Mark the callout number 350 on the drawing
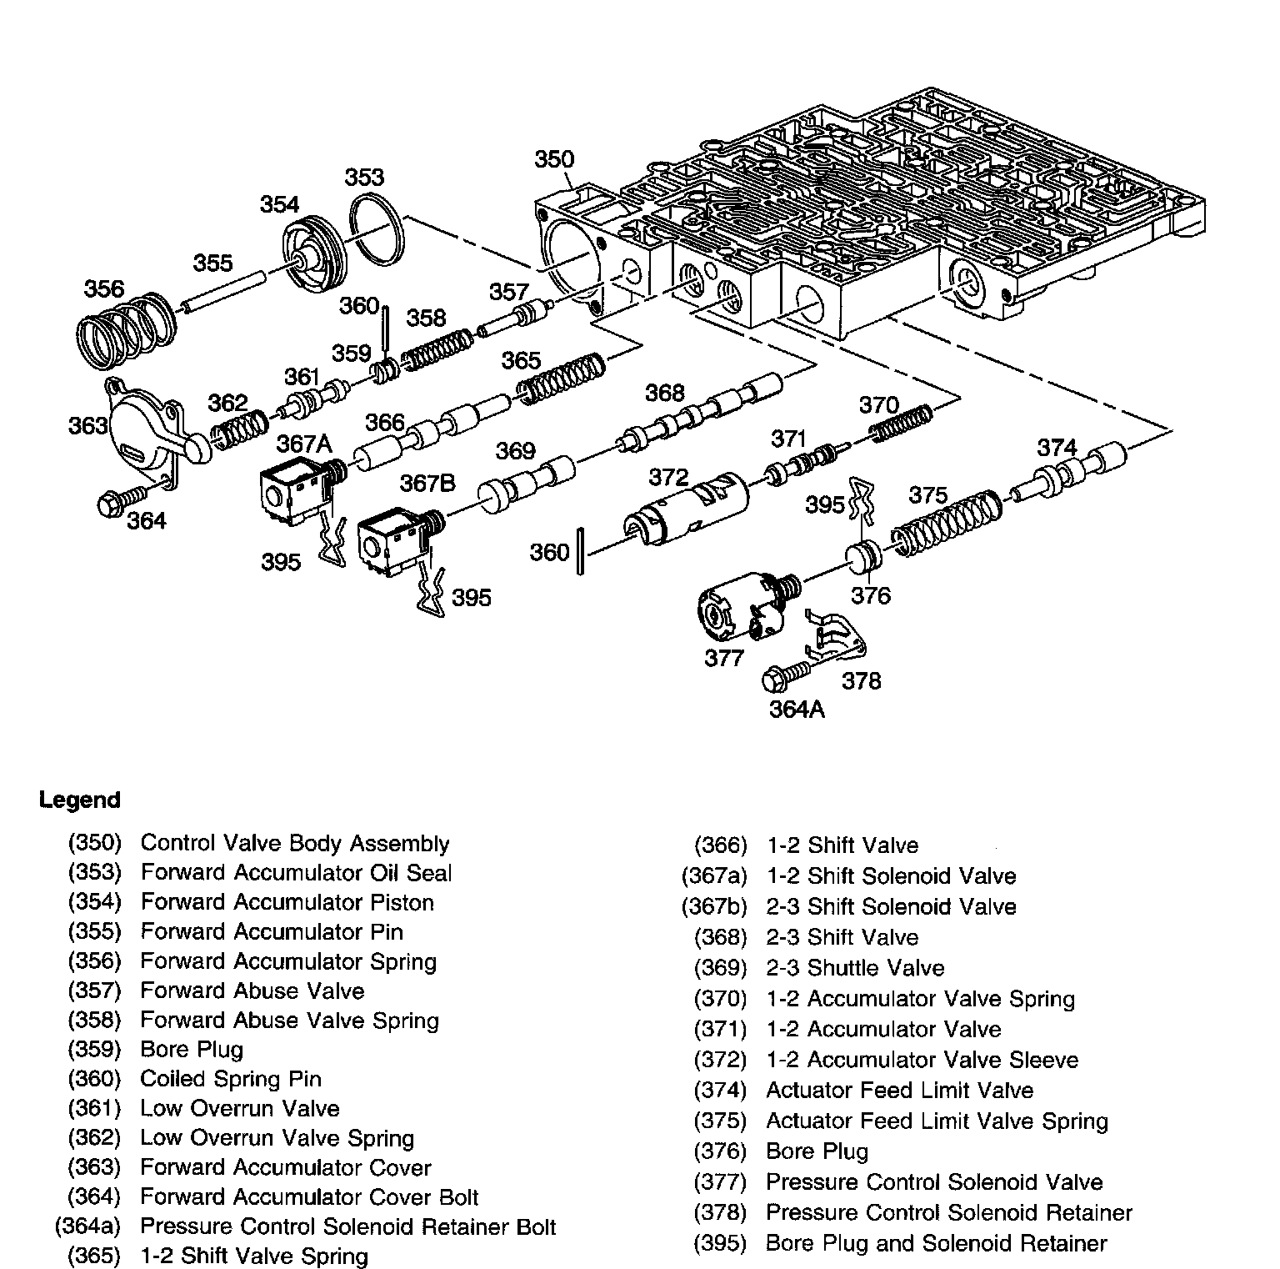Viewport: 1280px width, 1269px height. pos(554,159)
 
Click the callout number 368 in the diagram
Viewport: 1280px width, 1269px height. pos(664,393)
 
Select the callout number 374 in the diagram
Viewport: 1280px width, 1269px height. pos(1057,448)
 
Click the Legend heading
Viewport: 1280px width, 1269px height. pos(79,800)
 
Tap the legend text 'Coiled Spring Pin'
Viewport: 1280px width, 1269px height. pos(231,1079)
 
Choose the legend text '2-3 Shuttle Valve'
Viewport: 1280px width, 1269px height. pos(855,968)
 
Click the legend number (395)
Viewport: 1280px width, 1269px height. pos(720,1243)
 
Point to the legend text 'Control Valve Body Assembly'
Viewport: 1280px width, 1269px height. pos(295,843)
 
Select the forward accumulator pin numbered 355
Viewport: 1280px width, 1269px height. pos(222,292)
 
